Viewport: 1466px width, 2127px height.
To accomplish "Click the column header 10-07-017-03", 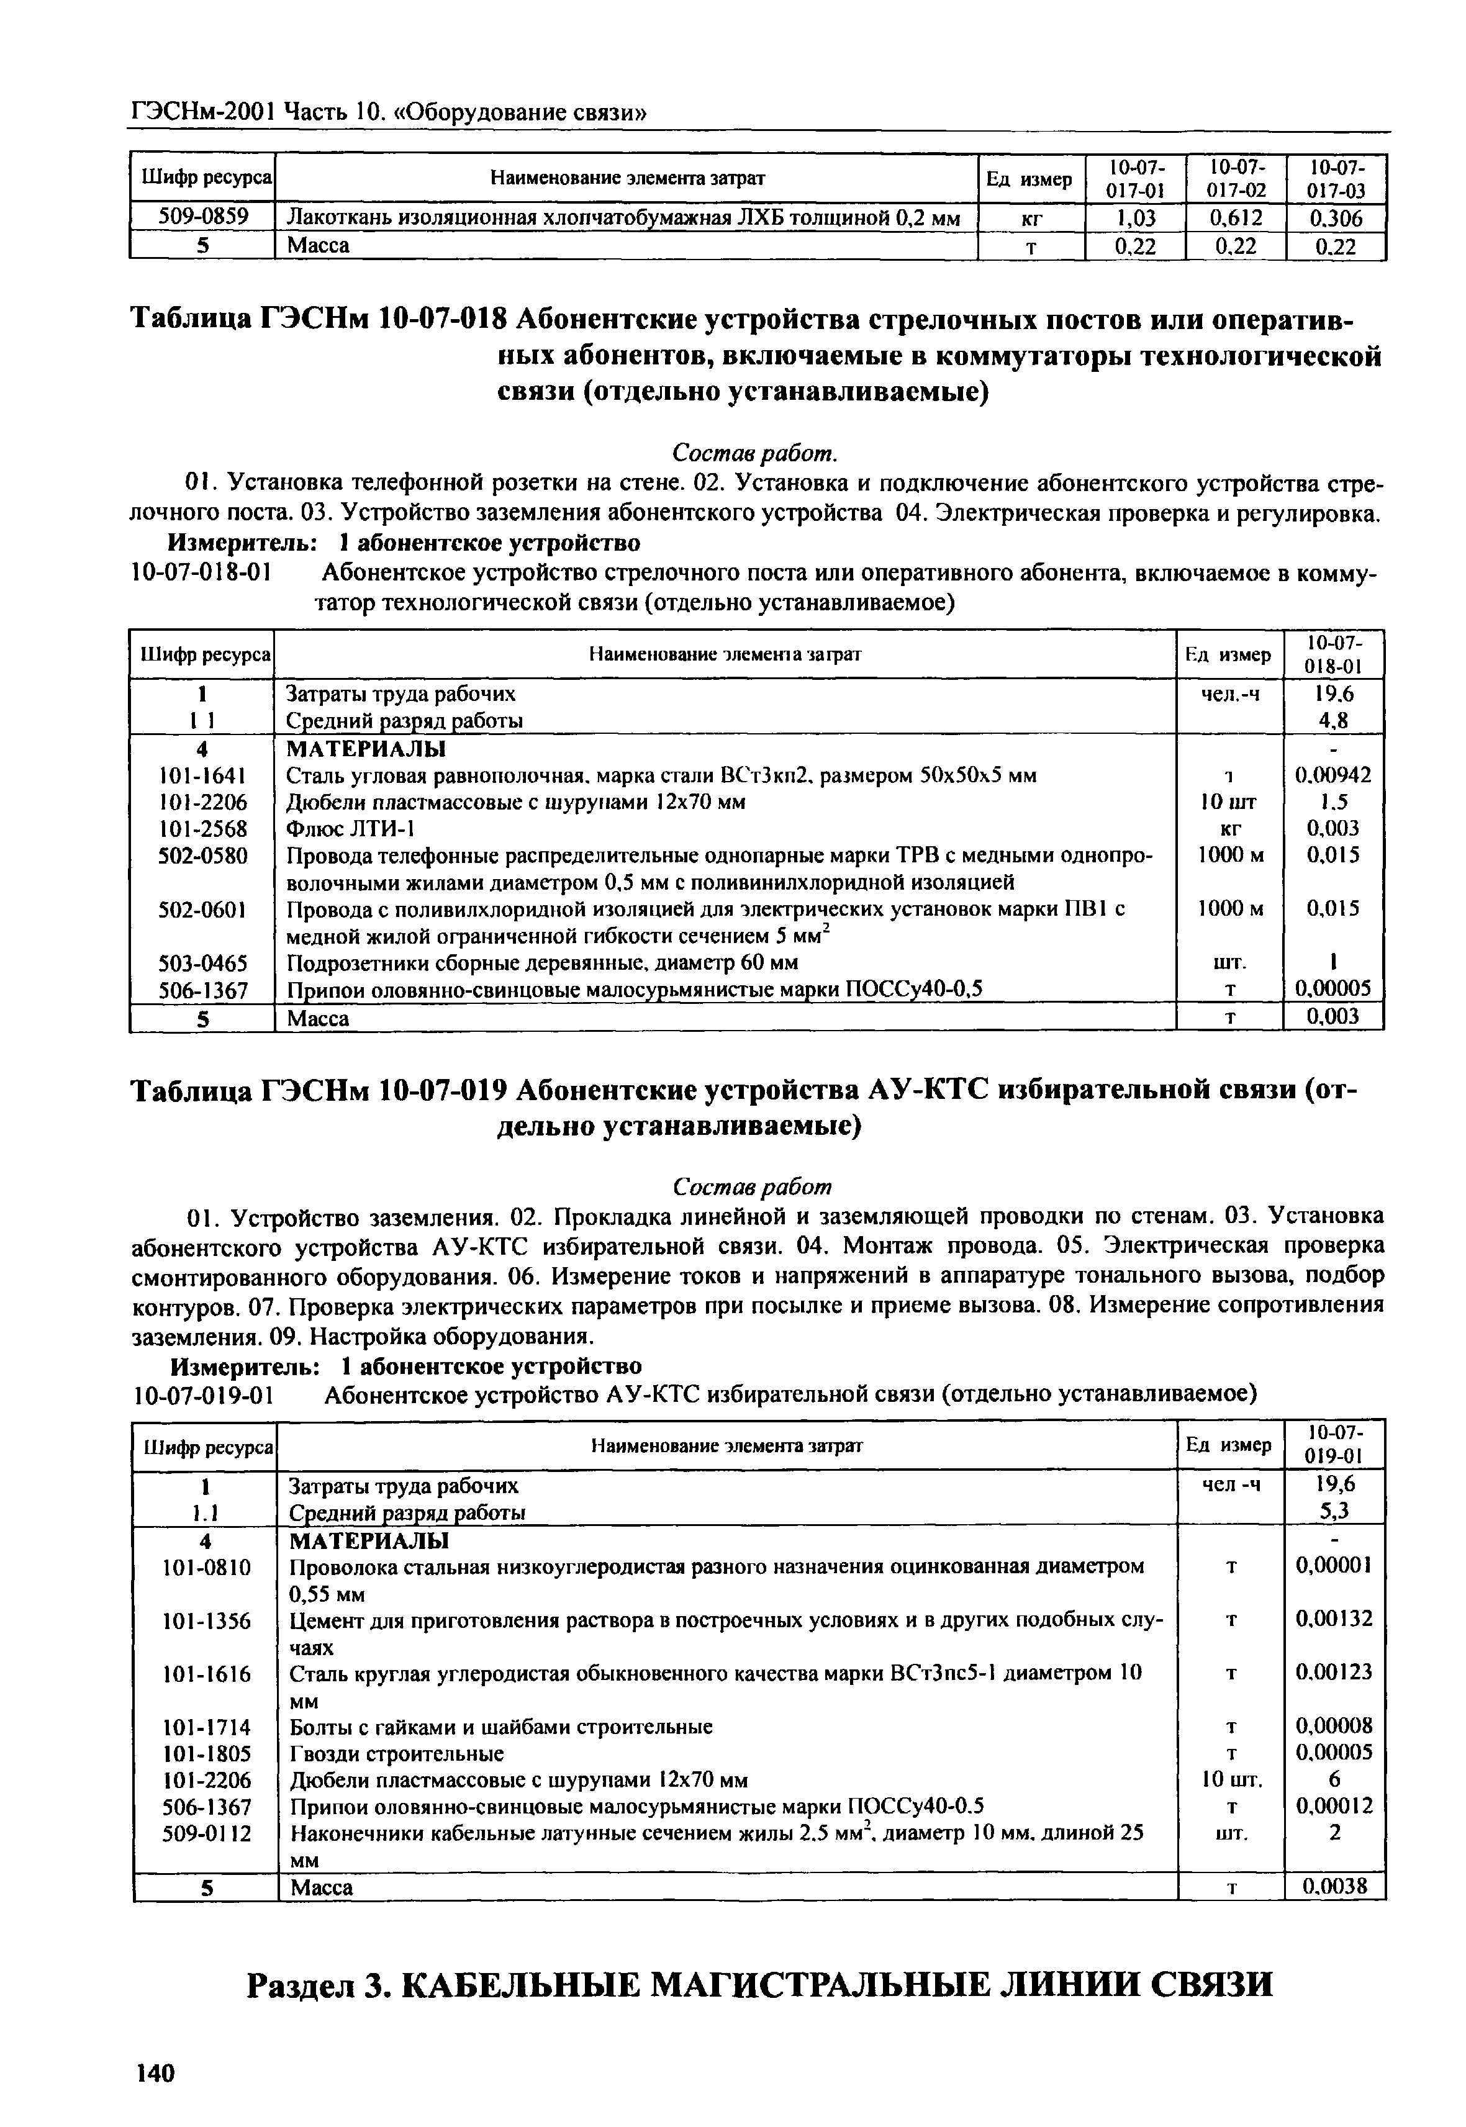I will (x=1336, y=178).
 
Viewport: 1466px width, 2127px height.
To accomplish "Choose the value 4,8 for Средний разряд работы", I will (x=1333, y=721).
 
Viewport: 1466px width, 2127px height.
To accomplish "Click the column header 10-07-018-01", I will (x=1333, y=654).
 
